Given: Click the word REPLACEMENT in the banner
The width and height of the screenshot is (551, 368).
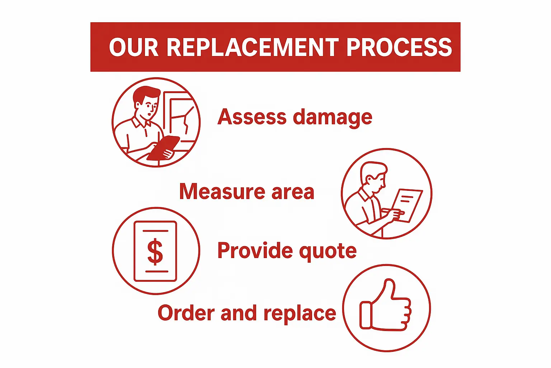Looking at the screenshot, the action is coord(253,47).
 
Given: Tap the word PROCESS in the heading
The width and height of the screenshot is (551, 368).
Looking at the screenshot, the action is coord(399,47).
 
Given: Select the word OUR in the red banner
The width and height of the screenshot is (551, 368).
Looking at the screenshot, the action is coord(133,47).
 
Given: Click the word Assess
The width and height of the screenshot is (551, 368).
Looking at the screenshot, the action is coord(252,117).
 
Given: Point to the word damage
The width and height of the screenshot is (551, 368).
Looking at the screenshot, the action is coord(333,118).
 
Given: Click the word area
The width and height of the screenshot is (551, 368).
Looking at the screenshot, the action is coord(293,192).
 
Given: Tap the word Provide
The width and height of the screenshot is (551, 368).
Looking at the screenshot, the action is coord(255,250).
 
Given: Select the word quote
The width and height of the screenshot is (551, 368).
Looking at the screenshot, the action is coord(328,252).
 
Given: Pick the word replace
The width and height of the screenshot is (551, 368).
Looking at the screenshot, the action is coord(300,314).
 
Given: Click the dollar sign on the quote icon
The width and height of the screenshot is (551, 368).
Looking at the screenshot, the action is coord(155,252).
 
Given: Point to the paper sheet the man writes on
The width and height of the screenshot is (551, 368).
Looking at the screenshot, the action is coord(407,205).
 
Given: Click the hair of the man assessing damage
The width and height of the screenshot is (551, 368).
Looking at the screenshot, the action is coord(145,95).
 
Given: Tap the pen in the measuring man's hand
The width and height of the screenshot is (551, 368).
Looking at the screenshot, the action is coord(392,211).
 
